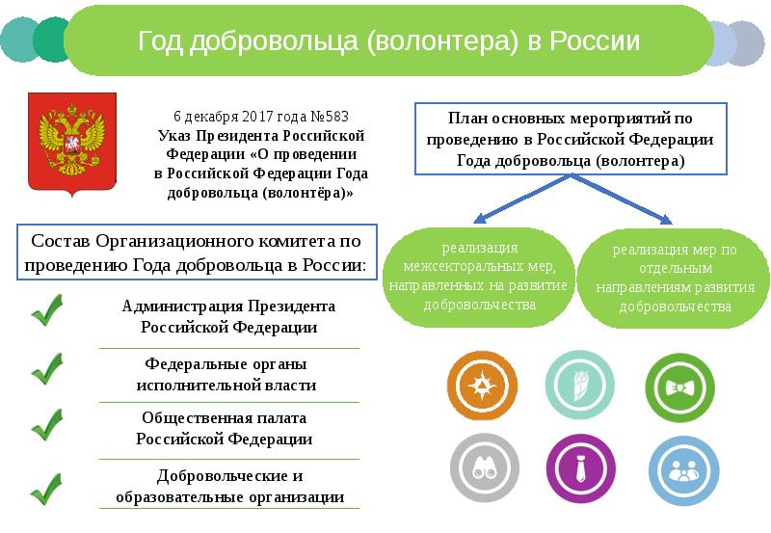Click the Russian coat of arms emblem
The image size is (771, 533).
coord(70,144)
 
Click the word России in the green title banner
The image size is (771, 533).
coord(590,41)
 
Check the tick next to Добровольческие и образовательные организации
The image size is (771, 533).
coord(45,487)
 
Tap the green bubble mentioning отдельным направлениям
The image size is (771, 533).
coord(674,278)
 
